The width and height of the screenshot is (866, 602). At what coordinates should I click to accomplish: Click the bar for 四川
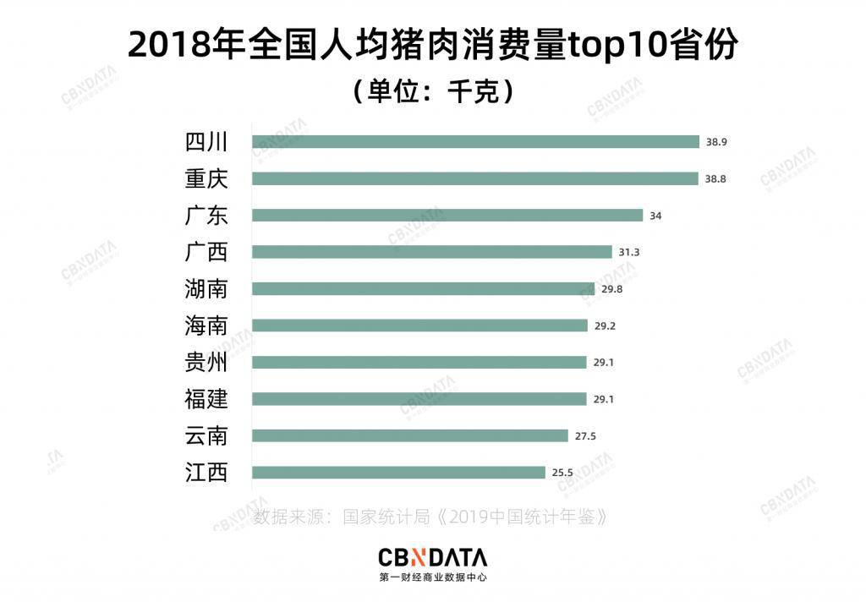[x=475, y=142]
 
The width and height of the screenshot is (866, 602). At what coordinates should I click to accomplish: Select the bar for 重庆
[x=475, y=178]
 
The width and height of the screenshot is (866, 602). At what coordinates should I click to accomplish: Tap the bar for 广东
[x=447, y=216]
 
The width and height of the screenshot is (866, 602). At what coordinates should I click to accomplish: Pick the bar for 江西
[x=399, y=472]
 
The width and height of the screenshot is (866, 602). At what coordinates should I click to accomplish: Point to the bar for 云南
[x=410, y=435]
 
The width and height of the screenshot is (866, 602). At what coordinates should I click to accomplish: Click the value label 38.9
[x=716, y=142]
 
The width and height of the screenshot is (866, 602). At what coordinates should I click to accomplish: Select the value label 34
[x=655, y=216]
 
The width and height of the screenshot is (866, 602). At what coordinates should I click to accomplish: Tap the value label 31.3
[x=629, y=252]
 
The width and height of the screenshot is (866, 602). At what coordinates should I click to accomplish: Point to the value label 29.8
[x=612, y=289]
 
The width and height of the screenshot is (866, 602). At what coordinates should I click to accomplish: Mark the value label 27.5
[x=585, y=435]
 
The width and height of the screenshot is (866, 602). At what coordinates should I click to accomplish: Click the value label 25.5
[x=562, y=472]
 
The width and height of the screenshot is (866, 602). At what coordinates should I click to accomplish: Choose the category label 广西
[x=206, y=252]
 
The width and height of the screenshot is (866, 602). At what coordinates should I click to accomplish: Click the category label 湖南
[x=206, y=289]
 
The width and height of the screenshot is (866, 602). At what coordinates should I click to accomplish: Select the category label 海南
[x=206, y=326]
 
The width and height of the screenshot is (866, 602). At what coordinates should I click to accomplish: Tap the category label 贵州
[x=206, y=363]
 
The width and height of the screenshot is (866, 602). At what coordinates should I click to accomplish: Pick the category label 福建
[x=206, y=399]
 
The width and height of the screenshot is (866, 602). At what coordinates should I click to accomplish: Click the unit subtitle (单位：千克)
[x=433, y=91]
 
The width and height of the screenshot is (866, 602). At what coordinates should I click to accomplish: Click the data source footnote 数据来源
[x=430, y=517]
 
